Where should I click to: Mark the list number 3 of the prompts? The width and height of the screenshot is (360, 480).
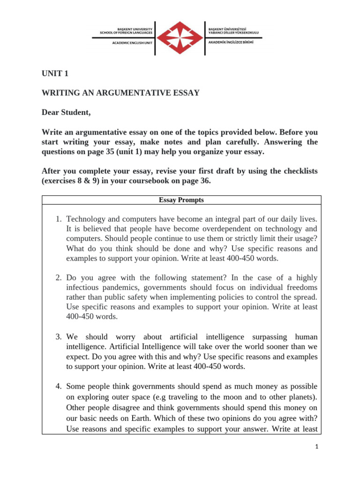coord(58,337)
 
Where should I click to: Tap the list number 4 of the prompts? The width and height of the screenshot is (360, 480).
coord(58,386)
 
